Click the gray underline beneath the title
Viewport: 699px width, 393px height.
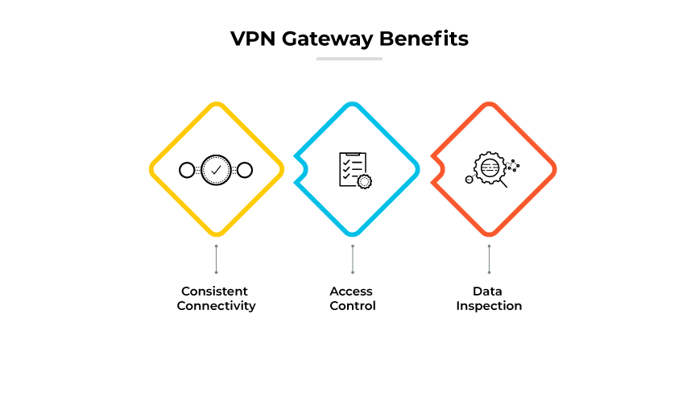pos(349,58)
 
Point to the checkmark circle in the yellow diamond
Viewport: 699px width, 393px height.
pos(216,170)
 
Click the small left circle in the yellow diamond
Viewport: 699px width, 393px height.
pos(187,170)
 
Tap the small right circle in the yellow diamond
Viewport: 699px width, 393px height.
pos(245,170)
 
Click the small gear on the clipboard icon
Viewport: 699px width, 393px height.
pos(365,181)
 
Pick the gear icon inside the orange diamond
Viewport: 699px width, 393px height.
pos(489,169)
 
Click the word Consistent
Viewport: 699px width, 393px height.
pos(214,291)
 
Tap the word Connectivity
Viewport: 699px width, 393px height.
pos(216,306)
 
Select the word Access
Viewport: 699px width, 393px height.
pos(352,291)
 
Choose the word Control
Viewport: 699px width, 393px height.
pos(352,306)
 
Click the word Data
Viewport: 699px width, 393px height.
pos(489,291)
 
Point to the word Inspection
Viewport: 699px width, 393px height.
pos(489,306)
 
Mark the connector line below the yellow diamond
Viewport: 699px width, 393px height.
pos(216,259)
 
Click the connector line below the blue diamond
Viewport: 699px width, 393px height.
pos(352,259)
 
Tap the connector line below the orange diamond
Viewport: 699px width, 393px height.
pos(489,259)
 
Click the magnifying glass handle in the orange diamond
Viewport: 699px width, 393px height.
pos(503,184)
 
